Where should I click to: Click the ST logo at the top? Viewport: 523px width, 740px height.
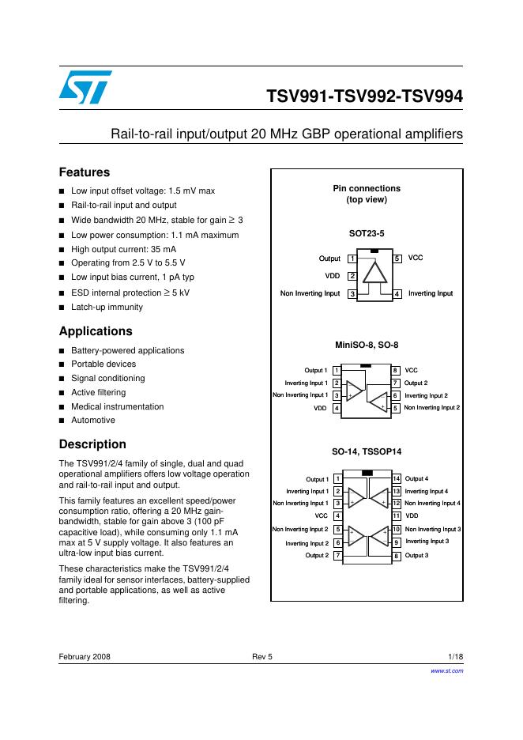pyautogui.click(x=85, y=86)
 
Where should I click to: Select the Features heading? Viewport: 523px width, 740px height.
pyautogui.click(x=85, y=172)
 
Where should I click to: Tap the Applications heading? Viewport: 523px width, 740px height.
pyautogui.click(x=96, y=331)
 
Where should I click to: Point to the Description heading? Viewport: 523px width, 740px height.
pyautogui.click(x=92, y=444)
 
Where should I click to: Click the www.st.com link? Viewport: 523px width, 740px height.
pyautogui.click(x=446, y=670)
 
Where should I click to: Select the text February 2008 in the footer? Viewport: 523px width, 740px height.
pyautogui.click(x=85, y=657)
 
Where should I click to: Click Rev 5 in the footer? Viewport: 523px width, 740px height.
pyautogui.click(x=261, y=657)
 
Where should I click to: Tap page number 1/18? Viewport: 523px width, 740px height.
pyautogui.click(x=455, y=657)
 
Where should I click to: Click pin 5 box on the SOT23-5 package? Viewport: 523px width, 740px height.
pyautogui.click(x=398, y=259)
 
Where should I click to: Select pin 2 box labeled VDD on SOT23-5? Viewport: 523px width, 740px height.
pyautogui.click(x=352, y=276)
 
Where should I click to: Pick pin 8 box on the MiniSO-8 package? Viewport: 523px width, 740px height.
pyautogui.click(x=395, y=370)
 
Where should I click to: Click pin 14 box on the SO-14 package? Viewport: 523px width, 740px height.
pyautogui.click(x=397, y=479)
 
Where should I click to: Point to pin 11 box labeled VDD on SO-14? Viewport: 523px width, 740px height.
pyautogui.click(x=397, y=515)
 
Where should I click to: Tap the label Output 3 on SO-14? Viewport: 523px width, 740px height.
pyautogui.click(x=416, y=556)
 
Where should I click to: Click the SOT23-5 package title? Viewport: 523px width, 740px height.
pyautogui.click(x=367, y=234)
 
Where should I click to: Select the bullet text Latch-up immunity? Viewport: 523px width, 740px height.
pyautogui.click(x=107, y=307)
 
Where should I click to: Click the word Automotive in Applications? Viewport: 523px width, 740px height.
pyautogui.click(x=93, y=421)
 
